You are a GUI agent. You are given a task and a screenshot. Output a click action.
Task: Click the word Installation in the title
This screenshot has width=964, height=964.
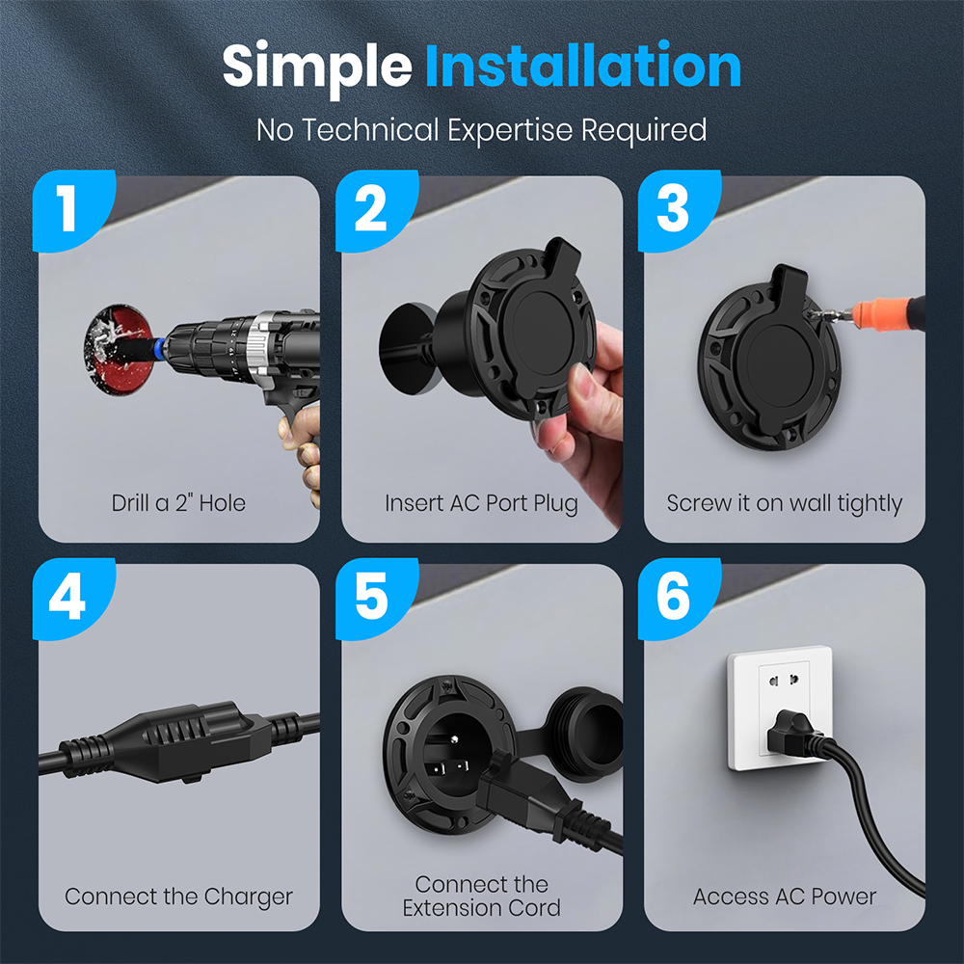coord(582,67)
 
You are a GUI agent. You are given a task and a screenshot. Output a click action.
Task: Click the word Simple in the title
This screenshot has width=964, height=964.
coord(318,67)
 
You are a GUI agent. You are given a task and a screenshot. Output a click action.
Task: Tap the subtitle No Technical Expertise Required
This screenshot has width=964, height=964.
coord(482,130)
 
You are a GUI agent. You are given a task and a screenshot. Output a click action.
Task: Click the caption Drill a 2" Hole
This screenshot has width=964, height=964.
coord(178,503)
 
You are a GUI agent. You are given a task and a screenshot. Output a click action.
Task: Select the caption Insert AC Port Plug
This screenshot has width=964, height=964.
coord(481,503)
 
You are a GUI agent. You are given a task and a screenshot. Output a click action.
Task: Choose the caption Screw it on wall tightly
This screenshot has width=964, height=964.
coord(784,503)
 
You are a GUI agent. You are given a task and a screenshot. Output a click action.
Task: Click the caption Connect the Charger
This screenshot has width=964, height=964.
coord(178,897)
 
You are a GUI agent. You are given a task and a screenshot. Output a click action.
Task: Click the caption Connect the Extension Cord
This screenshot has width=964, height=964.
coord(481,897)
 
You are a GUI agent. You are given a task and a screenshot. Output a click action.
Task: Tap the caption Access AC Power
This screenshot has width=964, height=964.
coord(784,897)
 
